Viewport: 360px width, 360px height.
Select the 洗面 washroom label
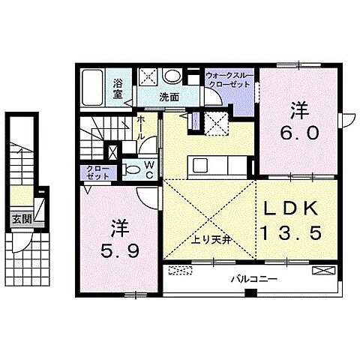pos(167,97)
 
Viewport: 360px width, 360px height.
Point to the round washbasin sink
pos(172,76)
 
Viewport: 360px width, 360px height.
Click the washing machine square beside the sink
pos(148,76)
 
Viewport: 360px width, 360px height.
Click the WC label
pos(149,169)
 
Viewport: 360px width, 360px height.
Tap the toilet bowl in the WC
pos(132,170)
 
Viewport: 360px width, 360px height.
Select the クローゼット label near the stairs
pos(97,172)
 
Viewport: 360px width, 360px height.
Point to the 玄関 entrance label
pos(21,220)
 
